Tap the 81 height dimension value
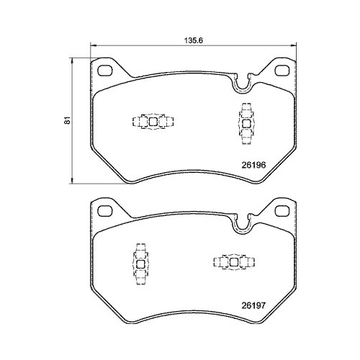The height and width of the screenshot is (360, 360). (66, 120)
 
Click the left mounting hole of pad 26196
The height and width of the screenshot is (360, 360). (104, 71)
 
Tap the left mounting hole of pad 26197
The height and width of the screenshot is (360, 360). (104, 210)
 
